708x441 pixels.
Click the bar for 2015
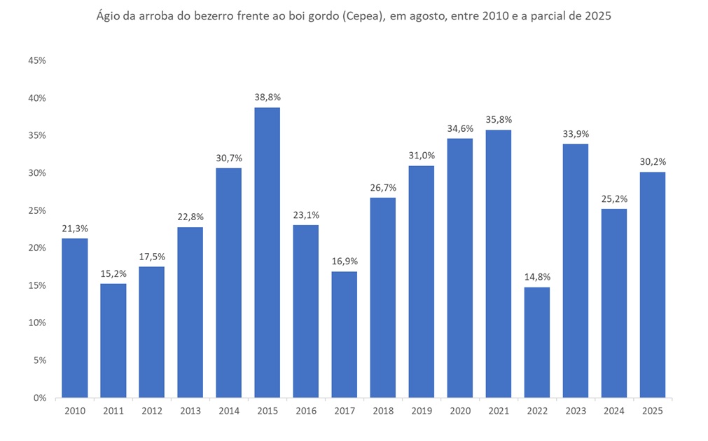[267, 252]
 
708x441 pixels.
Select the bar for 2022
[536, 342]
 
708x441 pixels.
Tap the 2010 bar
[74, 318]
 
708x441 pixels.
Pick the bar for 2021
[498, 264]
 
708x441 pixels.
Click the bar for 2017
[344, 334]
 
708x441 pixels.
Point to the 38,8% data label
[267, 97]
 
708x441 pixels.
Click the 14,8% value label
[536, 277]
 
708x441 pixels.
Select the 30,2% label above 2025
[652, 161]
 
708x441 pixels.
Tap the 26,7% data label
[382, 187]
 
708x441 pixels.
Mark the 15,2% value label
[113, 273]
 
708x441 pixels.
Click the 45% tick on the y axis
[36, 61]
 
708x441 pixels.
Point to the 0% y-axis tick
[39, 398]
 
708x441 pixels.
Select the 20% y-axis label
[36, 248]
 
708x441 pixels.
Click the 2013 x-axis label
[190, 412]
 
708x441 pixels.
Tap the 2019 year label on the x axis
[421, 412]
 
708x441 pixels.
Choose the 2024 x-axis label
[613, 412]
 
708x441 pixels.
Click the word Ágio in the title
[109, 17]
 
